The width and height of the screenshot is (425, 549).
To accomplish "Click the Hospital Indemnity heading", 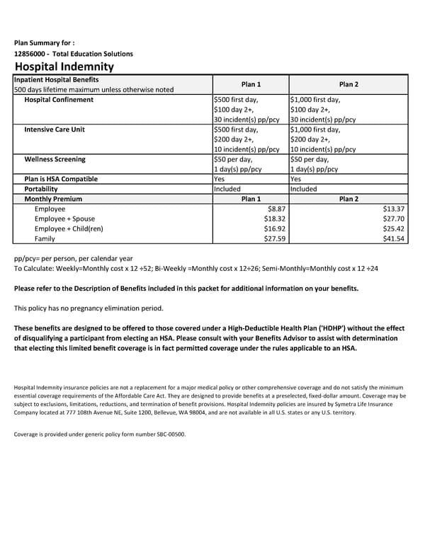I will point(64,67).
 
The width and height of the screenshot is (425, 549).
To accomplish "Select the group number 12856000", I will point(31,54).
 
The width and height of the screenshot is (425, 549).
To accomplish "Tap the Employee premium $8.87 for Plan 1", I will point(276,209).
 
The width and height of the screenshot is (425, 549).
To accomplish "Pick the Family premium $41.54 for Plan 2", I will point(393,239).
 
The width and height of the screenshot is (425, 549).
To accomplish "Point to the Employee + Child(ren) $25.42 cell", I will point(393,229).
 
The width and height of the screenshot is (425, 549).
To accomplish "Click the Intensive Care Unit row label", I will point(55,129).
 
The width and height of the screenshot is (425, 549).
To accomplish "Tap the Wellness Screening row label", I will point(55,159).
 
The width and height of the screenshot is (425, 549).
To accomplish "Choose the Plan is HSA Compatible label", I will point(61,179).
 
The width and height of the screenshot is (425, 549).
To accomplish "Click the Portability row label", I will point(41,190).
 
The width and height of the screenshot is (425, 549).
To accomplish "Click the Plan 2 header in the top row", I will point(348,84).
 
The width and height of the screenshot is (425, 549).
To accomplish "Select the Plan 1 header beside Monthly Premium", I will point(251,200).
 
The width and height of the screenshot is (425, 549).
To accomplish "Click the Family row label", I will point(45,239).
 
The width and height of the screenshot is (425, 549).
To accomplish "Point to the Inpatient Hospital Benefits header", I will point(57,79).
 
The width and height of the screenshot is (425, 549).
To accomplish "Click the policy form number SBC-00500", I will point(165,434).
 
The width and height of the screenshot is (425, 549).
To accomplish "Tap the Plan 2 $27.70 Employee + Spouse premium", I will point(393,219).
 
